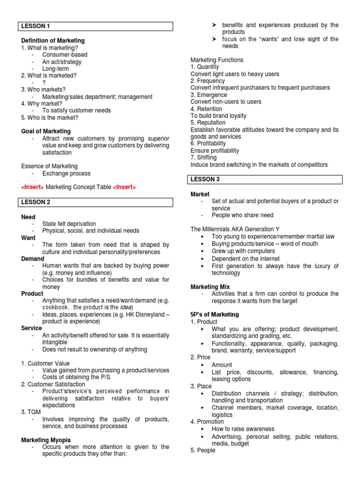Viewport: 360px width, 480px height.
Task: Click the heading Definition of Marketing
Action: pos(53,41)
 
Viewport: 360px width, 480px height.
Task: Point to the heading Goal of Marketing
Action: pos(46,131)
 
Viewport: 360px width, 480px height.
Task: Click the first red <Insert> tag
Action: pos(32,187)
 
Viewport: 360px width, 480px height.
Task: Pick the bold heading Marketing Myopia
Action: pos(46,440)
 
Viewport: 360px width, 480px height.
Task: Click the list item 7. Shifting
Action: pos(203,158)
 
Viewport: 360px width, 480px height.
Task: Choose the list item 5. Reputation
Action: pos(208,123)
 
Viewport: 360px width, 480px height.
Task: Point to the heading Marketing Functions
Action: pos(217,60)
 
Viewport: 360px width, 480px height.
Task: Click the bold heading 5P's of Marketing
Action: pos(215,315)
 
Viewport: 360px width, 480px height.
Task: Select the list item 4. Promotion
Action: pos(207,422)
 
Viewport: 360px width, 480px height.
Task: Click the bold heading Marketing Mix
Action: pos(210,287)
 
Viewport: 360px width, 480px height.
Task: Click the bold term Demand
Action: pos(33,259)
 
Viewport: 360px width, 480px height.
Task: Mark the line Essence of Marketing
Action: pos(49,166)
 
